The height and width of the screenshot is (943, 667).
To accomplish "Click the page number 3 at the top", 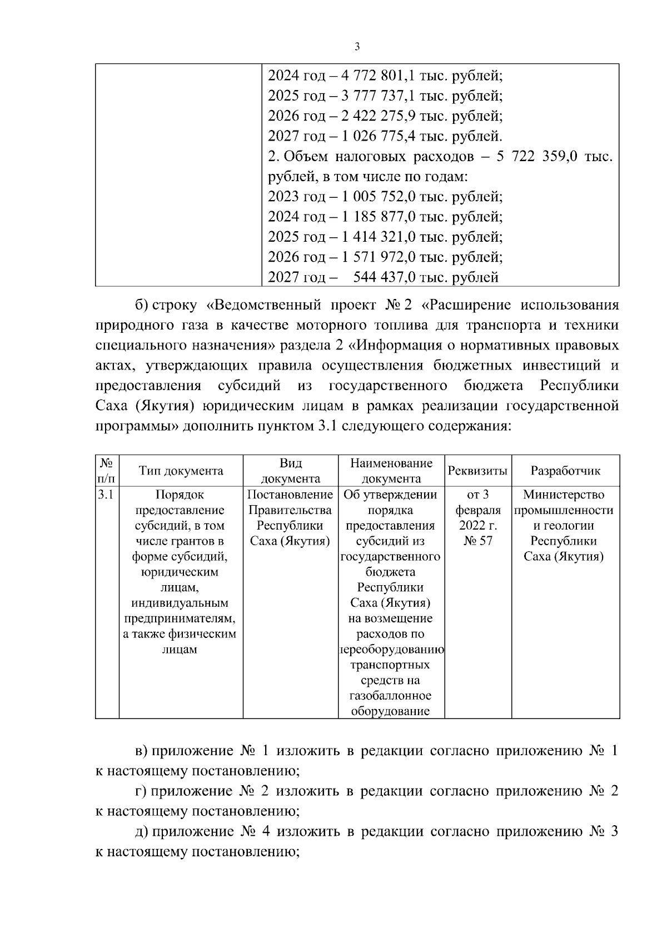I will click(x=357, y=47).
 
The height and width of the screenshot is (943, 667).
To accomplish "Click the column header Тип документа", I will click(x=181, y=471).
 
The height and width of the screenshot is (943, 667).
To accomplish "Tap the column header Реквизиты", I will click(x=477, y=471).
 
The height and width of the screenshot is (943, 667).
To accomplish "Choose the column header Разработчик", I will click(x=565, y=471).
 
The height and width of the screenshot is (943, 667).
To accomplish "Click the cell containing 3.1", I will click(x=106, y=495).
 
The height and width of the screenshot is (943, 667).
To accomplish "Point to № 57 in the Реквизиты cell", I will click(x=477, y=541).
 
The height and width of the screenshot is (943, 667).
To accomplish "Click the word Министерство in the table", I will click(x=564, y=495).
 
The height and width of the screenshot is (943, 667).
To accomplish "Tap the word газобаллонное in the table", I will click(x=390, y=696).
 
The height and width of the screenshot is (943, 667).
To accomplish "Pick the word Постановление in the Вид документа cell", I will click(x=290, y=495).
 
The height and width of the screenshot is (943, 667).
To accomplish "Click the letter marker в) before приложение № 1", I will click(x=142, y=751).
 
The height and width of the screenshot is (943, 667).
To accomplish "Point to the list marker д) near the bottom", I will click(x=142, y=832).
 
